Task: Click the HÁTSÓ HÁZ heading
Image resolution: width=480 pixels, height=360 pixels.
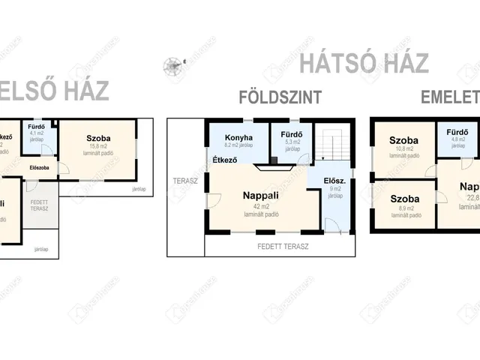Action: (364, 63)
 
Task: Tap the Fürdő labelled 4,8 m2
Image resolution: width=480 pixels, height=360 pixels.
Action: (457, 132)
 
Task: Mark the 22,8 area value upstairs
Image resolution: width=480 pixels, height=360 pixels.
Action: (470, 198)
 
